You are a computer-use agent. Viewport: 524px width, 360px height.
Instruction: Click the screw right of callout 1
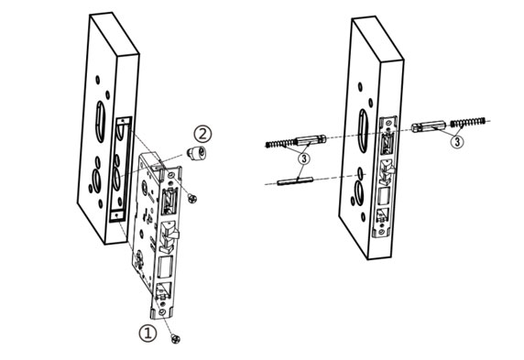[x=178, y=340]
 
